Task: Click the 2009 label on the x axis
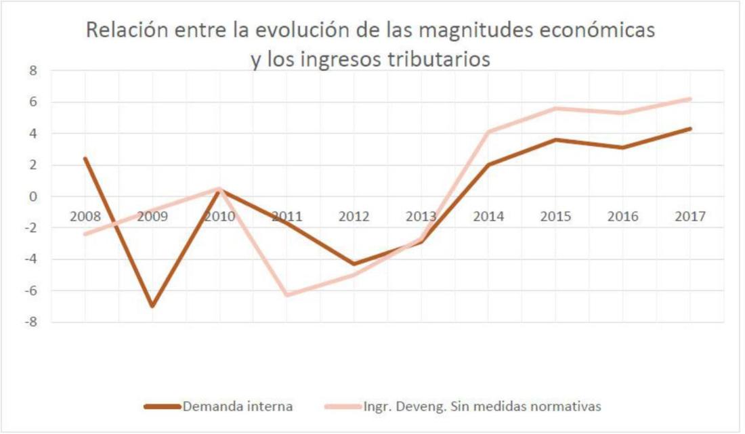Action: click(x=152, y=217)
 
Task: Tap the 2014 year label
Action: click(x=488, y=217)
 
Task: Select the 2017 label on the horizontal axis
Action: click(x=690, y=217)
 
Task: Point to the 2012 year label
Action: click(x=354, y=217)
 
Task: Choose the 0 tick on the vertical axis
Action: click(x=33, y=196)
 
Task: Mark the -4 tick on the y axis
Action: click(x=31, y=259)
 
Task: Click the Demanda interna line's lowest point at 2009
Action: click(x=152, y=306)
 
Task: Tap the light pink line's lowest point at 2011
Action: click(x=287, y=295)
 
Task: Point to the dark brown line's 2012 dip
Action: click(x=354, y=264)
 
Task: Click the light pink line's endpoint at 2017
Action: click(x=690, y=99)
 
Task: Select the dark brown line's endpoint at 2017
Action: click(x=690, y=129)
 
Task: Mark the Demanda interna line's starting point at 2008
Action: click(x=85, y=158)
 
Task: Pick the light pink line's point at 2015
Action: click(x=555, y=108)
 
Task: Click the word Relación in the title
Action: click(x=124, y=31)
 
